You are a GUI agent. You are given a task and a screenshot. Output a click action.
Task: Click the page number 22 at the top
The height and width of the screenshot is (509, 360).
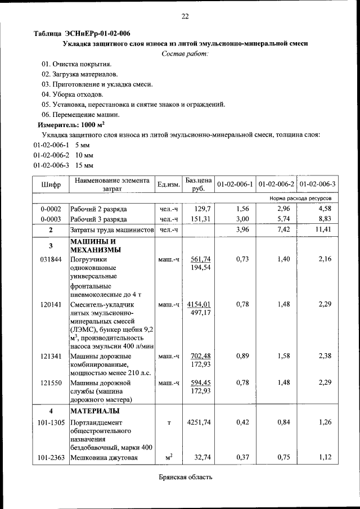pyautogui.click(x=184, y=16)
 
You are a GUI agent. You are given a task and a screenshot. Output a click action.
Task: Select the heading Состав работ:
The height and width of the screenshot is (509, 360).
pyautogui.click(x=184, y=53)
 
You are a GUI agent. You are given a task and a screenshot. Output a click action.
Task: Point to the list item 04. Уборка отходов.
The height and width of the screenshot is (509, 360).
pyautogui.click(x=72, y=94)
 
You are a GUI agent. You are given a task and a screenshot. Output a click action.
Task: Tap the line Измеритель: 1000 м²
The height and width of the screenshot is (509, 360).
pyautogui.click(x=71, y=124)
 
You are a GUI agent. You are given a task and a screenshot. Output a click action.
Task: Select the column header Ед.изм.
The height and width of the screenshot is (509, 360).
pyautogui.click(x=169, y=184)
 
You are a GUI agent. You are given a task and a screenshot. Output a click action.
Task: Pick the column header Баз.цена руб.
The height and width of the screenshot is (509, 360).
pyautogui.click(x=198, y=184)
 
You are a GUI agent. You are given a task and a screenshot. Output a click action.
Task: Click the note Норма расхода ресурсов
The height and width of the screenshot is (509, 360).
pyautogui.click(x=304, y=199)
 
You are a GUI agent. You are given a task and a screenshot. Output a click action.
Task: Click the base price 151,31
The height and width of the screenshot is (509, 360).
pyautogui.click(x=200, y=219)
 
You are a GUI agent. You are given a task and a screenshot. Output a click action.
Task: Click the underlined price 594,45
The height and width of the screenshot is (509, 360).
pyautogui.click(x=200, y=383)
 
